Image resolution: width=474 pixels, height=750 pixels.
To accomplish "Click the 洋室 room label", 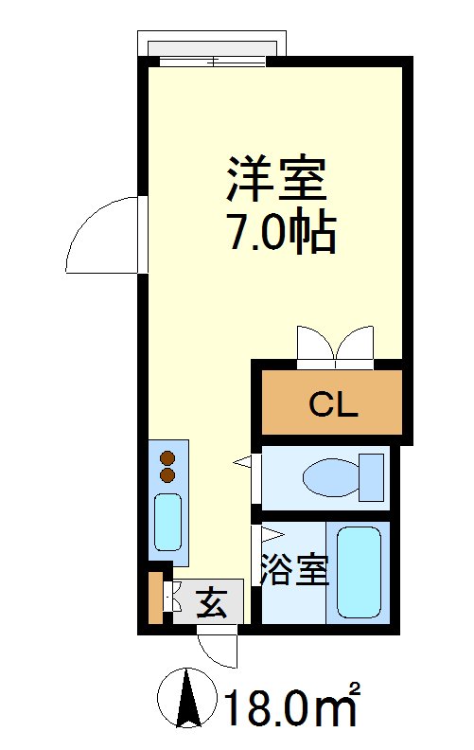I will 275,179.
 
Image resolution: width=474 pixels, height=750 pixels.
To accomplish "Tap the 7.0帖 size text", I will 280,232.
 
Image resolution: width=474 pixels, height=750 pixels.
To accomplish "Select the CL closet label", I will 332,406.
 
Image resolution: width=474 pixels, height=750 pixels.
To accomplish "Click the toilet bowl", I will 329,476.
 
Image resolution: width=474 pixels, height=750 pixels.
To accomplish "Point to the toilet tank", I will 373,476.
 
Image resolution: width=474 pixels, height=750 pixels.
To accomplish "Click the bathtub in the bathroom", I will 359,571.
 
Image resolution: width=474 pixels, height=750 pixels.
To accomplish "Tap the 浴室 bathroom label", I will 294,571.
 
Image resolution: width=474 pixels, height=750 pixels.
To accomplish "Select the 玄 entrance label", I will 212,603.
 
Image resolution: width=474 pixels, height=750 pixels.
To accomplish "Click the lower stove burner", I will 168,473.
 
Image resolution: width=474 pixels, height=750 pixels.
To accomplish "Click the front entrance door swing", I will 219,649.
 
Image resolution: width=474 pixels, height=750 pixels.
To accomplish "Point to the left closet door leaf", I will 314,345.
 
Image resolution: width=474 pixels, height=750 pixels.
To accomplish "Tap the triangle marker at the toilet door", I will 244,461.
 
